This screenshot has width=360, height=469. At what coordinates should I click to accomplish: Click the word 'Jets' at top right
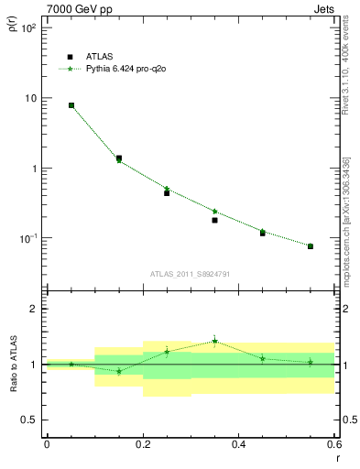click(x=323, y=9)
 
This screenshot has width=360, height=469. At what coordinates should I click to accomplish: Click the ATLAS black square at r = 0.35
click(x=214, y=220)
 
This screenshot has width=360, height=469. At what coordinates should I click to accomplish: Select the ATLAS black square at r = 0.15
click(x=119, y=158)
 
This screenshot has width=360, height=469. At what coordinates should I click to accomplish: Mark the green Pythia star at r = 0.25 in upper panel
click(x=167, y=189)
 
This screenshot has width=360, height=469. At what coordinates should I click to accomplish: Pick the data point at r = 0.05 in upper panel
click(x=71, y=105)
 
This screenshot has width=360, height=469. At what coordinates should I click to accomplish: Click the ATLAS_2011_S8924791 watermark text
click(x=191, y=273)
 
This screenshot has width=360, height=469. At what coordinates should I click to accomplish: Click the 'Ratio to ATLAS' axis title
click(x=12, y=364)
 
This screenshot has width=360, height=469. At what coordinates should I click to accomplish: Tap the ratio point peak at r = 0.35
click(x=214, y=341)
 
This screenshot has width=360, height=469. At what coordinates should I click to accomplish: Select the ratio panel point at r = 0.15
click(x=119, y=371)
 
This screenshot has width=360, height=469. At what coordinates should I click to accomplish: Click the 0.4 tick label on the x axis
click(x=238, y=444)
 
